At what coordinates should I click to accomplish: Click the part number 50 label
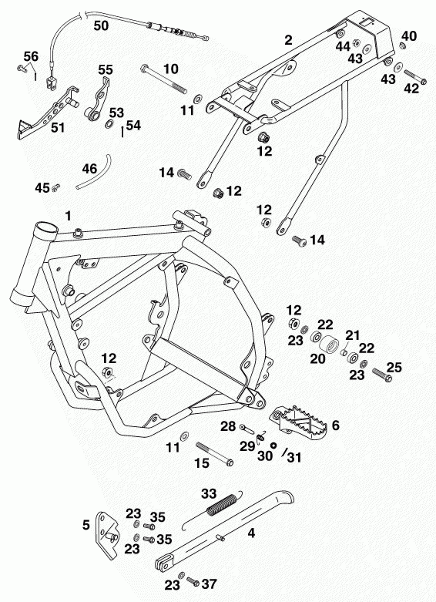pos(102,25)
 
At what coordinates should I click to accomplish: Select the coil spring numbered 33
pos(221,503)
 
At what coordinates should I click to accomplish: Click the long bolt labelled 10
pos(164,80)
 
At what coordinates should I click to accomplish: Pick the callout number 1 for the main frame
pos(69,216)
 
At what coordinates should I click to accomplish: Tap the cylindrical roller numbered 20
pos(329,346)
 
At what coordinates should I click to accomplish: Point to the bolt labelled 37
pos(193,581)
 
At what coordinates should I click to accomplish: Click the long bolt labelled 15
pos(215,454)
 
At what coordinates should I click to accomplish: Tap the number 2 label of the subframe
pos(288,40)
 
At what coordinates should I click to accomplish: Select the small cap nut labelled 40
pos(403,46)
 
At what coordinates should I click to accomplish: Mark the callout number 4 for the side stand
pos(251,533)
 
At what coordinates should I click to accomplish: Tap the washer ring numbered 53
pos(109,124)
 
